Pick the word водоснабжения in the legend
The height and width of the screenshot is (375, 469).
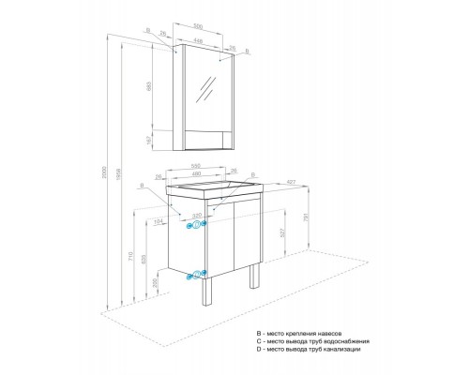click(350, 341)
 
